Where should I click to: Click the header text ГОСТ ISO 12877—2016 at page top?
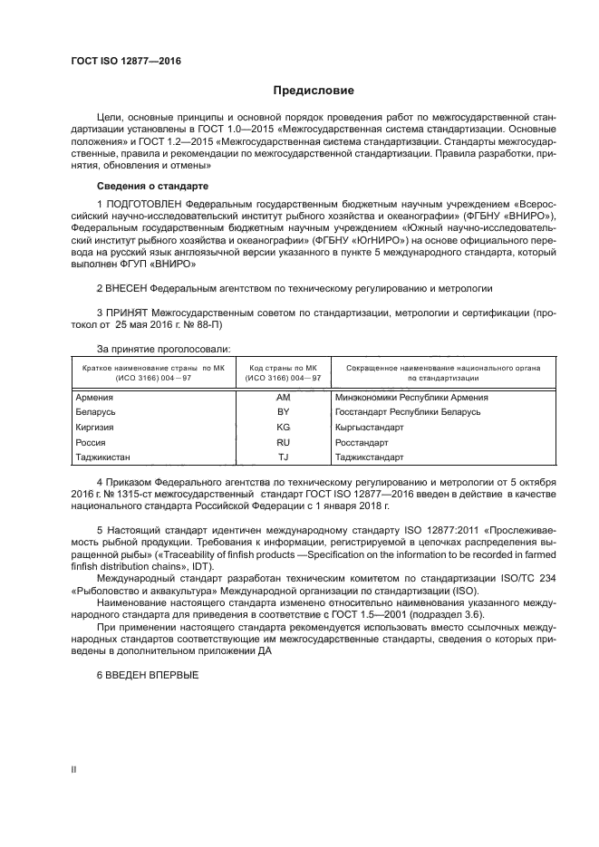(126, 61)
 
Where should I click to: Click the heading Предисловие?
(307, 91)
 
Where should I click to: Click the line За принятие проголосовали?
(164, 348)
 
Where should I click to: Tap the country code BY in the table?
(283, 412)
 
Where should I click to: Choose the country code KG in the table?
(283, 427)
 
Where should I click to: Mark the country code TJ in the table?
(283, 457)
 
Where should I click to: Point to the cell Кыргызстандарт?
(369, 427)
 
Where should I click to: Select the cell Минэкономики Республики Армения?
(399, 398)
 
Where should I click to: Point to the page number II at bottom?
(74, 769)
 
